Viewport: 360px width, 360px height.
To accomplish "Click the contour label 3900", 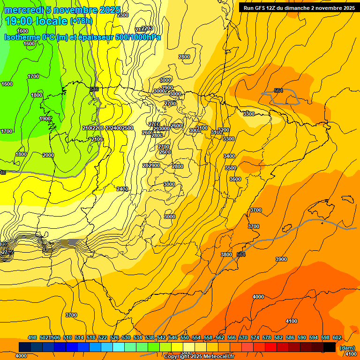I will click(x=281, y=259).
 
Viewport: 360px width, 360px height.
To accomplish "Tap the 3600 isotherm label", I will click(x=235, y=179).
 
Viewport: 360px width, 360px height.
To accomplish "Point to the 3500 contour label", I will click(x=231, y=168).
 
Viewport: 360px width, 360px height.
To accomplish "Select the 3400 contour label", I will click(x=229, y=156).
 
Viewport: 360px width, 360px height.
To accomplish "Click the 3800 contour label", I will click(x=226, y=255).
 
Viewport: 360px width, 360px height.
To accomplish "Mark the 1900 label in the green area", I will click(x=45, y=119).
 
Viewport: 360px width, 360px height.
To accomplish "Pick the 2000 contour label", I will click(x=48, y=155).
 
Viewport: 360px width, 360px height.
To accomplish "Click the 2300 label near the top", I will click(x=123, y=15).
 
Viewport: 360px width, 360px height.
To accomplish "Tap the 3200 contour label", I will click(x=224, y=130).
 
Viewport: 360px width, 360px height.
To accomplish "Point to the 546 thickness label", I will click(x=94, y=89).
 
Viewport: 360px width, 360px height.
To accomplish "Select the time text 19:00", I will click(x=20, y=21).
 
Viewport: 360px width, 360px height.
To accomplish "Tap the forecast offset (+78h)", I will click(x=81, y=21).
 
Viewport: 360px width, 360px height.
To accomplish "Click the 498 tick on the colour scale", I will click(x=32, y=337).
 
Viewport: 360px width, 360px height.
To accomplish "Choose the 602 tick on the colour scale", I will click(x=337, y=337).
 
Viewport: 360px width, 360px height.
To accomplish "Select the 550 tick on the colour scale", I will click(x=185, y=337).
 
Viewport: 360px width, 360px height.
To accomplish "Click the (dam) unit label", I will click(x=347, y=347).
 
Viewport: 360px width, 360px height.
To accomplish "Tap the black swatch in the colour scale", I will click(x=330, y=347).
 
